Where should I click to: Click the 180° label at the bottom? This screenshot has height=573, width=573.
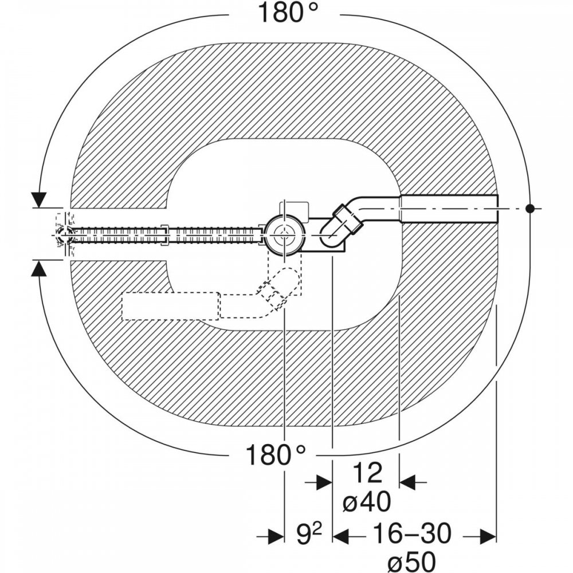click(x=275, y=454)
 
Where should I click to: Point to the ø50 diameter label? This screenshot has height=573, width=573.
click(x=411, y=560)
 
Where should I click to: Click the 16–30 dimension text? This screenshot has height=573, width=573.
click(x=411, y=533)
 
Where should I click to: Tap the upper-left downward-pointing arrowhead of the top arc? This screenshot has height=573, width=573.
click(x=39, y=200)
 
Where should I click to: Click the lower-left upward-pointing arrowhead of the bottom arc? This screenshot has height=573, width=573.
click(x=39, y=270)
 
